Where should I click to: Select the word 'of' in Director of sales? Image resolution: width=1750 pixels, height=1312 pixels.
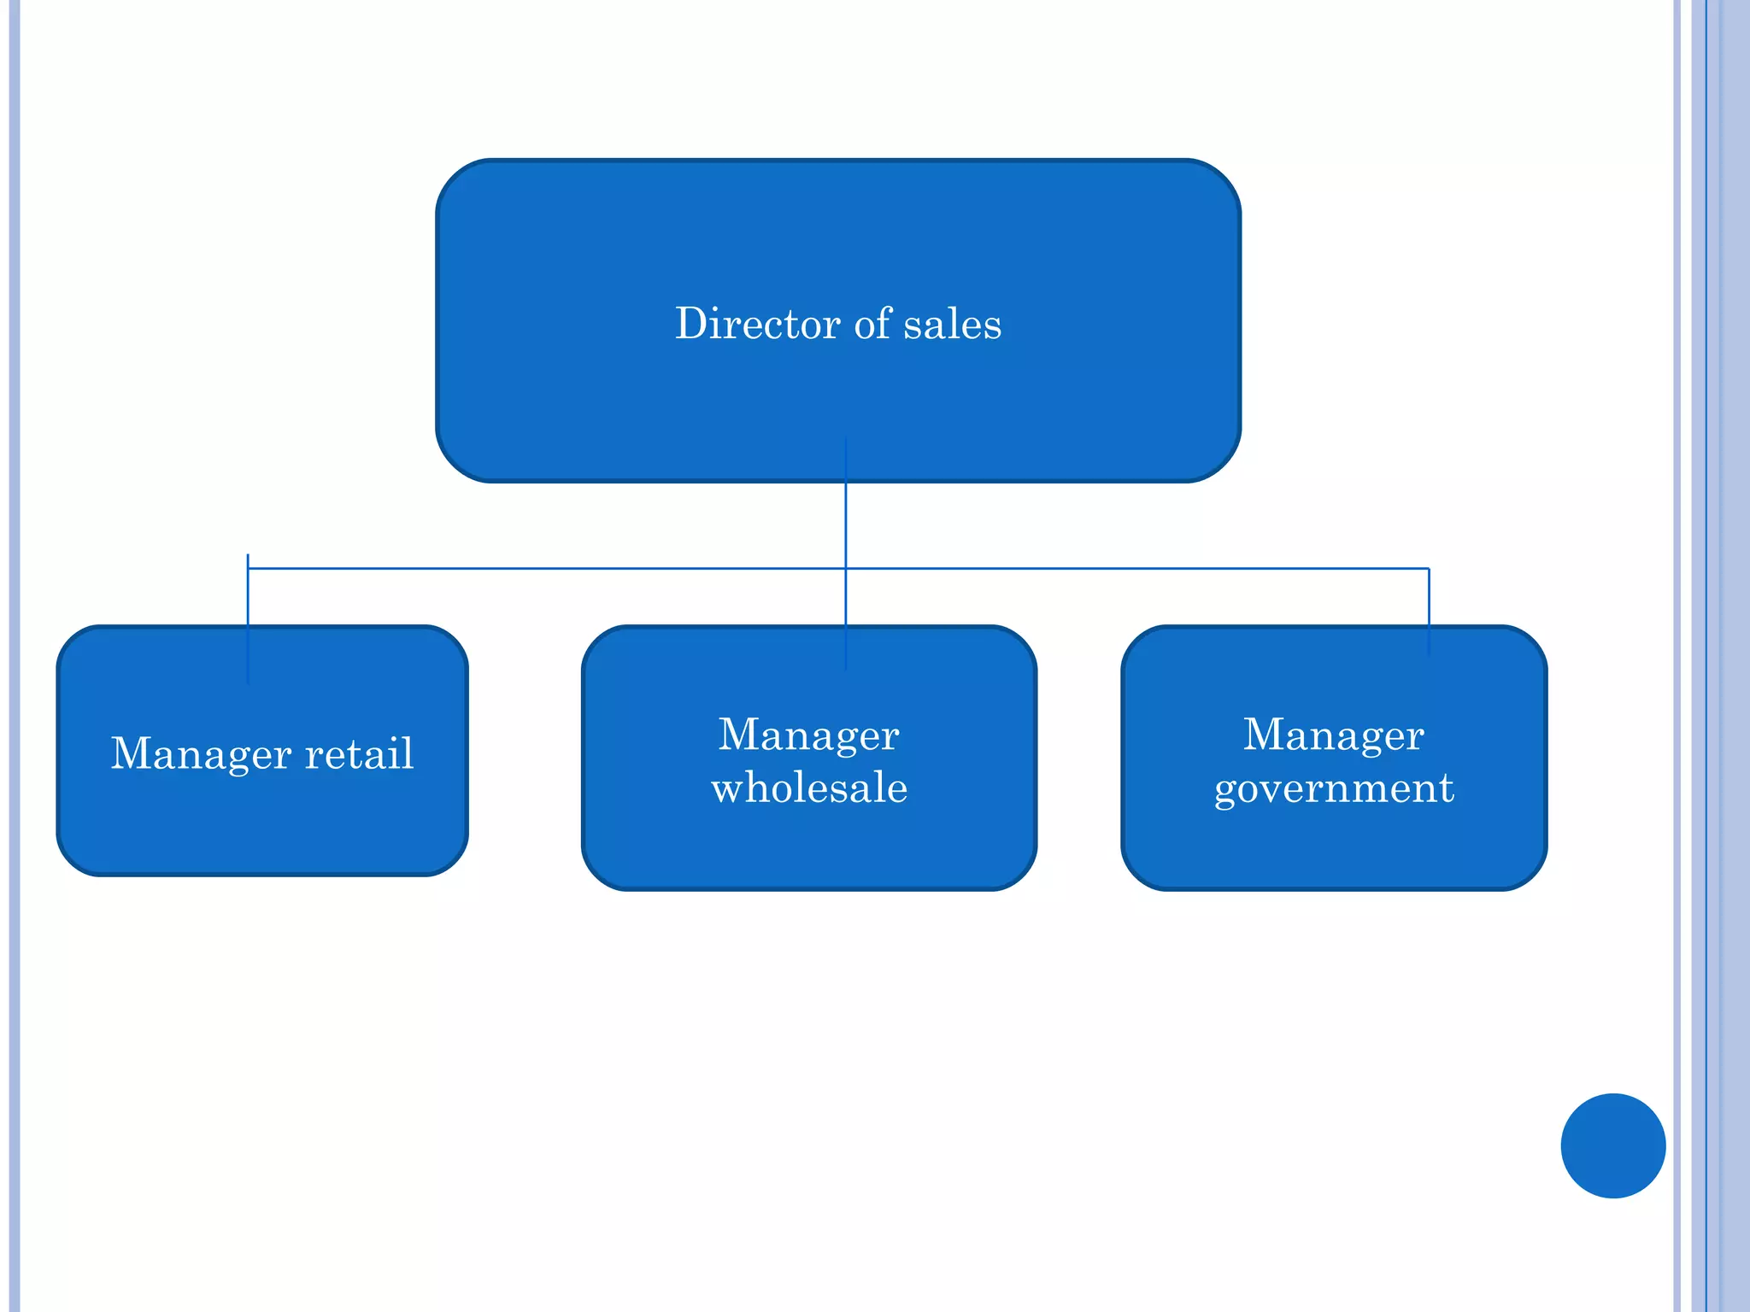873,324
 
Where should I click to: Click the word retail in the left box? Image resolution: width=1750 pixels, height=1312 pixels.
359,753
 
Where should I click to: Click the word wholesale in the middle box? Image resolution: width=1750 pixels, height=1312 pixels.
809,787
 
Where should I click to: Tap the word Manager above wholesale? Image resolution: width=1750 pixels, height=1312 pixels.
808,735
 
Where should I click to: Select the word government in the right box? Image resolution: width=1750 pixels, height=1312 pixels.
1334,788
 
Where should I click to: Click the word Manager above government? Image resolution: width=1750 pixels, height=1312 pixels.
1333,735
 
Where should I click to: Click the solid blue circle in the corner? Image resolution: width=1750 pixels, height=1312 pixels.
1612,1145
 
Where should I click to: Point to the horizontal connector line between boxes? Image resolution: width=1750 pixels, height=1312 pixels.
547,568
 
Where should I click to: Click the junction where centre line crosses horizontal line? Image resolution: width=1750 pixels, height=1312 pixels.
846,568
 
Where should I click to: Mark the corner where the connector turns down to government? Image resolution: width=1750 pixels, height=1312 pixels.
1429,568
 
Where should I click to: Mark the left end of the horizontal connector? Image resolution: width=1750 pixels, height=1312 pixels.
249,568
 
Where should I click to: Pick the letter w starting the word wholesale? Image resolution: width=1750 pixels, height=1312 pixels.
729,788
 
